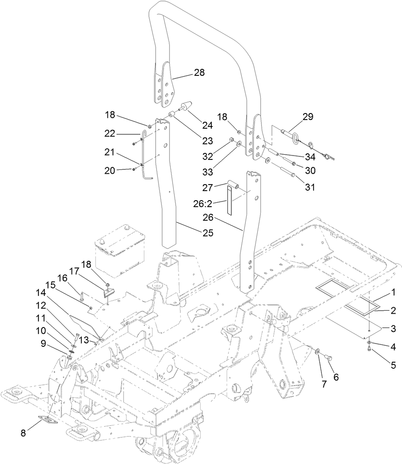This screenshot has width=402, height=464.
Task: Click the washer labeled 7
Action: point(318,351)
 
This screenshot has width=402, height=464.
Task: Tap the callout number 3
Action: point(392,329)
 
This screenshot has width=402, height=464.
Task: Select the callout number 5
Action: point(393,365)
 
